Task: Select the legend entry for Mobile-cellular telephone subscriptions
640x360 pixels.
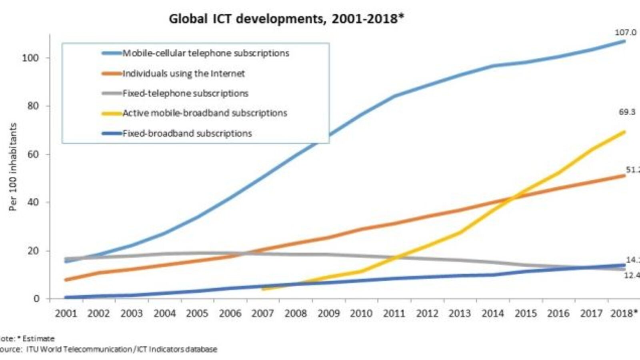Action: point(205,53)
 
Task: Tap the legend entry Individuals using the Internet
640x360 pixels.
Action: point(183,74)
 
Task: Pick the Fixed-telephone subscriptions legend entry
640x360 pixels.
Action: point(185,94)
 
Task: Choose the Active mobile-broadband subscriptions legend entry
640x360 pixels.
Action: point(204,113)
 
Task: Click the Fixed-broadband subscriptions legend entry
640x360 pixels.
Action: point(187,134)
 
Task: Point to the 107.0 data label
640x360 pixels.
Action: point(625,32)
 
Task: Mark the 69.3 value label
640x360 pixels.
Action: point(627,112)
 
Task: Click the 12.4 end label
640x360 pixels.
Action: point(632,275)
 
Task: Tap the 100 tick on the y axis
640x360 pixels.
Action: point(30,58)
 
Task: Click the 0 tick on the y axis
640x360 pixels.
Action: point(37,299)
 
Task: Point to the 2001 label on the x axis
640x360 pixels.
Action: point(66,314)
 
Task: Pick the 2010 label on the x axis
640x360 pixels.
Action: point(361,314)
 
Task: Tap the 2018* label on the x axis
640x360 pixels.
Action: point(624,314)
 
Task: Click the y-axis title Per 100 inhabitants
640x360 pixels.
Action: point(13,167)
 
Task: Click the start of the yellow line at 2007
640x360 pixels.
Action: point(263,289)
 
